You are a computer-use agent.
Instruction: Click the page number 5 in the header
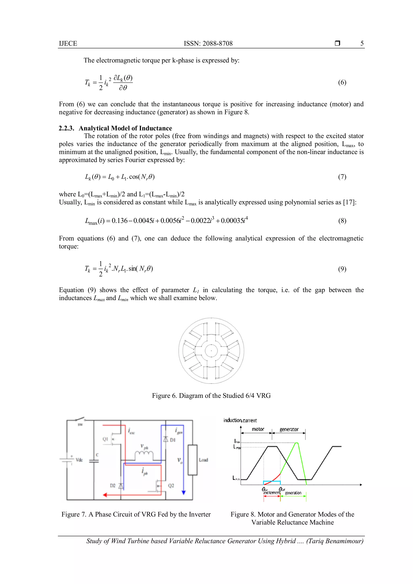coord(362,44)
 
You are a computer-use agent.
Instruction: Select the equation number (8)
coord(342,221)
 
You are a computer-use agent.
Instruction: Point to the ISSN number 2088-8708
coord(217,44)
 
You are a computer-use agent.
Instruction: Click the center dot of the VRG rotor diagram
coord(211,351)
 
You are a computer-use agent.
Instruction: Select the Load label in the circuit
coord(203,460)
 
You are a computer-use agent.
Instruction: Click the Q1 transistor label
coord(105,439)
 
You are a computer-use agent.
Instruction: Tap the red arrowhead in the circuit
coord(105,495)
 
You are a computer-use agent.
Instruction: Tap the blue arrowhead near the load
coord(184,492)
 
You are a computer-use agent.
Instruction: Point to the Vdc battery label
coord(79,460)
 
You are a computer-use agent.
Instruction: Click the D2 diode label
coord(113,486)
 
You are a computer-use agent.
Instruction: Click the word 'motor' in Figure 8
coord(258,429)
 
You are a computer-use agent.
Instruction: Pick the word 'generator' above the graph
coord(289,430)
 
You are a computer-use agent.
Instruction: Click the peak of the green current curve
coord(296,443)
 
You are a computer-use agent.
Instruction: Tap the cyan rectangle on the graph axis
coord(272,483)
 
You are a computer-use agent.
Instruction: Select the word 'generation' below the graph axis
coord(293,493)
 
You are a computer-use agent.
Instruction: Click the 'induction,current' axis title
coord(240,420)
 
